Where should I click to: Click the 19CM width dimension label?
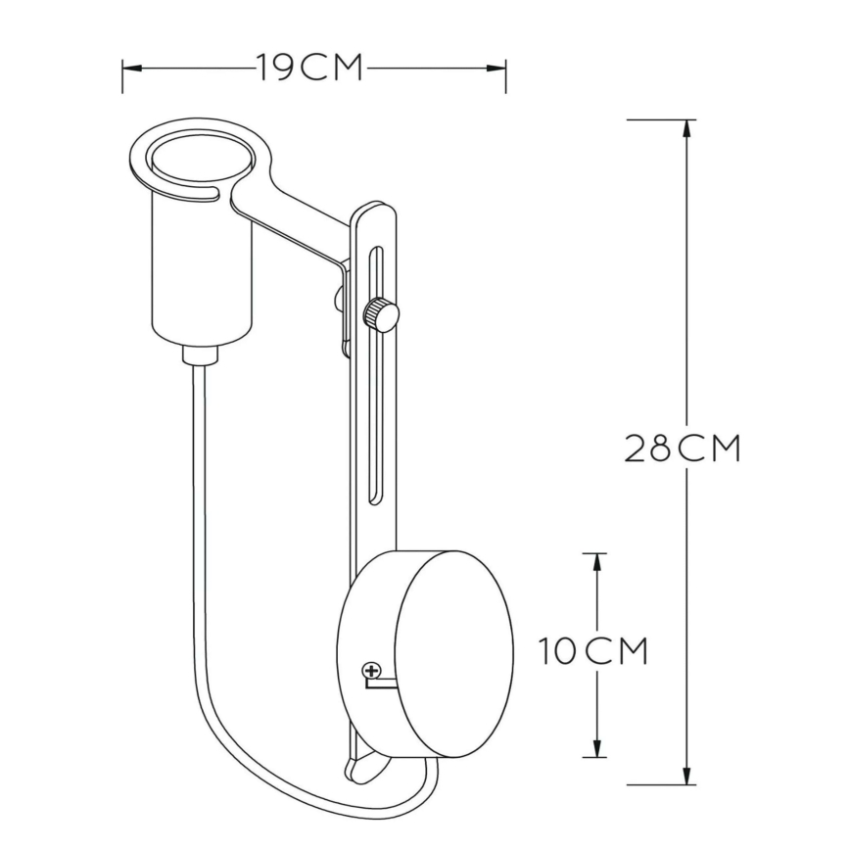click(310, 69)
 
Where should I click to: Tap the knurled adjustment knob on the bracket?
click(381, 314)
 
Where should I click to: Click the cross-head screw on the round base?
click(371, 671)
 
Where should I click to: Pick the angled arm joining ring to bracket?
click(294, 223)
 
